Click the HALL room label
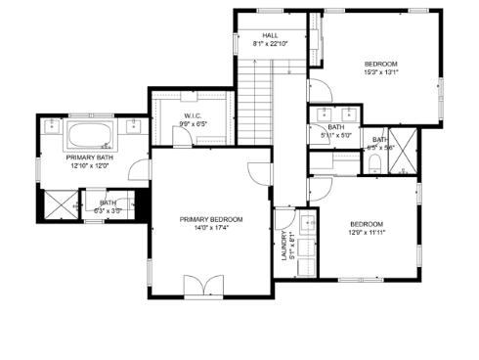coord(270,36)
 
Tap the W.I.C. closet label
coord(192,116)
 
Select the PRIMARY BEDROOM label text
coord(211,219)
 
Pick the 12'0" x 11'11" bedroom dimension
coord(367,233)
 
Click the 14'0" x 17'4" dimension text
coord(211,228)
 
